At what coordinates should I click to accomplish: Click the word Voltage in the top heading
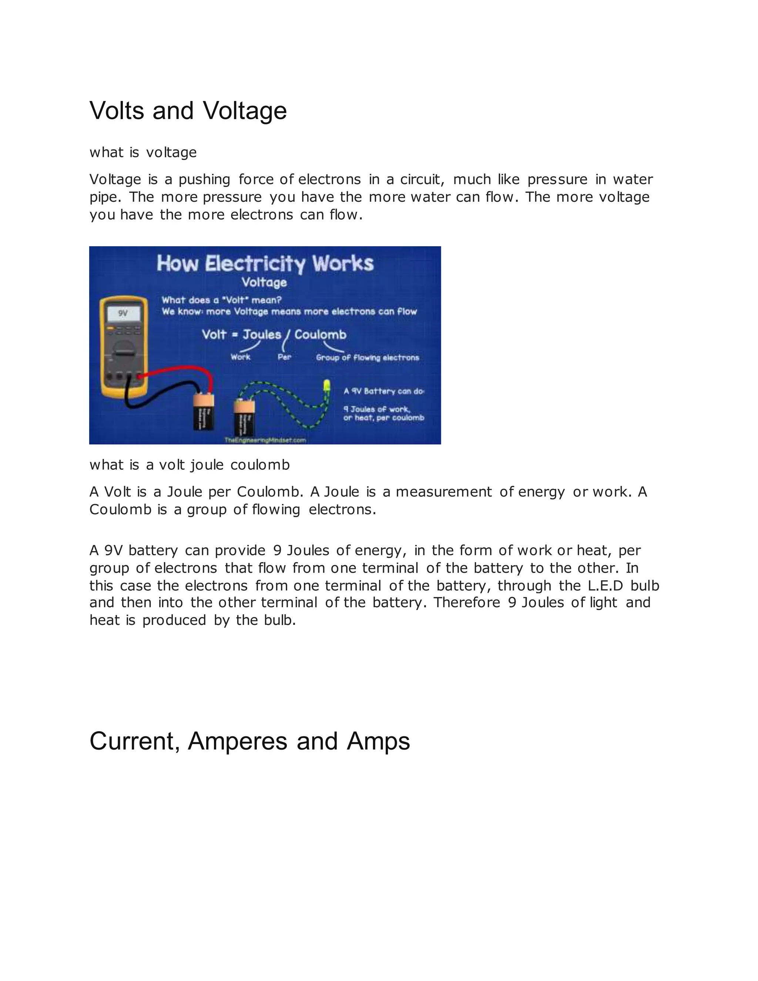point(245,110)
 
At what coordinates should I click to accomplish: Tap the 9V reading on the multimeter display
point(123,314)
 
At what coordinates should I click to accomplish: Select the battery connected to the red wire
point(204,412)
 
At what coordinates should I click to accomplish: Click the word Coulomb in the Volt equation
point(320,335)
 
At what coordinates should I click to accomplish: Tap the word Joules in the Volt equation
point(262,335)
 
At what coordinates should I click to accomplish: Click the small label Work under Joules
point(240,357)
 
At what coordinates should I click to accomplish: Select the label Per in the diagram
point(284,357)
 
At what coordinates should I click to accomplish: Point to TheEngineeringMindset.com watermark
point(265,440)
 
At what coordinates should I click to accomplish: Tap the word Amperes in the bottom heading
point(237,741)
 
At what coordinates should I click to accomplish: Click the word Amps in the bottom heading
point(378,741)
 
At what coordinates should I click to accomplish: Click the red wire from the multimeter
point(180,371)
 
